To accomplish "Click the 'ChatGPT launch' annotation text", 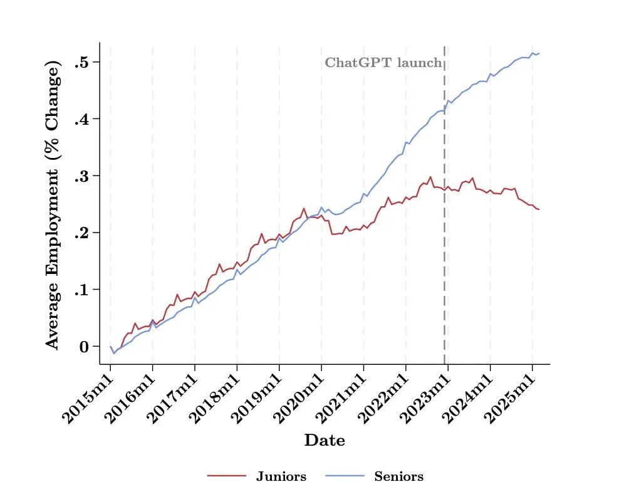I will pyautogui.click(x=383, y=63).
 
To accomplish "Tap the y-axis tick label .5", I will pyautogui.click(x=83, y=63).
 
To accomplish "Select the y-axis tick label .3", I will pyautogui.click(x=83, y=176).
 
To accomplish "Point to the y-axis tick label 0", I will pyautogui.click(x=86, y=347).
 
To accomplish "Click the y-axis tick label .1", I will pyautogui.click(x=83, y=290).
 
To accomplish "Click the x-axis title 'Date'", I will pyautogui.click(x=325, y=441).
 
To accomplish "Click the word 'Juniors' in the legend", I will pyautogui.click(x=281, y=477).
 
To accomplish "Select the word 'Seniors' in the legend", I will pyautogui.click(x=398, y=477).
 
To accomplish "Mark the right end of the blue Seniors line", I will pyautogui.click(x=539, y=53).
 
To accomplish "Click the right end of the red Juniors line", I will pyautogui.click(x=539, y=209).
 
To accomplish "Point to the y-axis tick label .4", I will pyautogui.click(x=83, y=120).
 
